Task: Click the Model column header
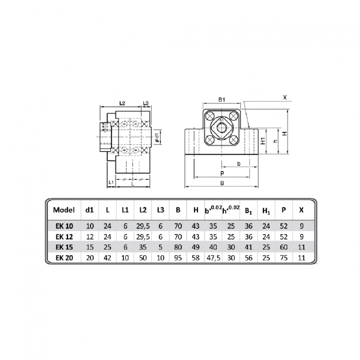[64, 210]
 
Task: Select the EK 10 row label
[64, 226]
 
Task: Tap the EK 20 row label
[64, 258]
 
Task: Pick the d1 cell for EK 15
[90, 247]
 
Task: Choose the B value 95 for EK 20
[178, 258]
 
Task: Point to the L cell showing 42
[107, 258]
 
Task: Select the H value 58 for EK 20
[195, 258]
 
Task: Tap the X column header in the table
[301, 210]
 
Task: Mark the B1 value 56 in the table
[248, 258]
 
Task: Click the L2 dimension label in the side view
[123, 103]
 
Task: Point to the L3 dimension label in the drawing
[147, 103]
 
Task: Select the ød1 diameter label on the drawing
[157, 137]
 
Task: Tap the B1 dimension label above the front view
[222, 100]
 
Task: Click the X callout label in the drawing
[285, 98]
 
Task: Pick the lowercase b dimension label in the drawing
[238, 163]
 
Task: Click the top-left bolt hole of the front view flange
[210, 116]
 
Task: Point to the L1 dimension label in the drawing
[110, 183]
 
